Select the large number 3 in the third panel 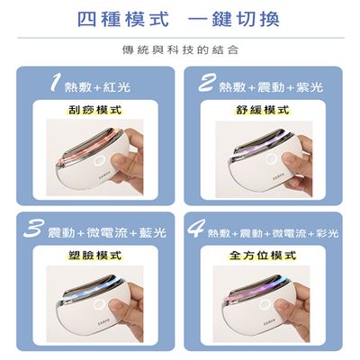pos(34,228)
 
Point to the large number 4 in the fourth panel pos(197,228)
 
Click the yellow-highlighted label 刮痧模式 pos(94,110)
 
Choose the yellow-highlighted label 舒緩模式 pos(263,110)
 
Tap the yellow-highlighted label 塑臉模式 pos(94,256)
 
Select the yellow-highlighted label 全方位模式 pos(263,256)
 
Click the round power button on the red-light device pos(99,162)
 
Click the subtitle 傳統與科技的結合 pos(180,49)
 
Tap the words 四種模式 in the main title pos(123,19)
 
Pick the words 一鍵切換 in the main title pos(234,19)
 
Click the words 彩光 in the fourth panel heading pos(328,233)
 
